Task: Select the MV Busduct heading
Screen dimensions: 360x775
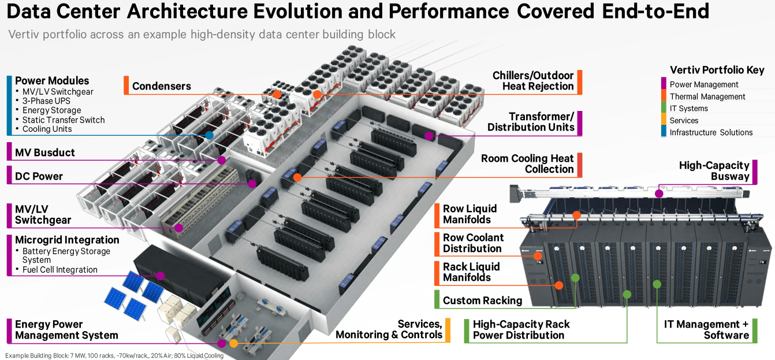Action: click(x=44, y=153)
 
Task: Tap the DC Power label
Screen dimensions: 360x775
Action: click(x=39, y=176)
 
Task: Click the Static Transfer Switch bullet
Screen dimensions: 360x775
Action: click(x=64, y=120)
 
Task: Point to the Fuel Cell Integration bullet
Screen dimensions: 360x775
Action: click(x=59, y=269)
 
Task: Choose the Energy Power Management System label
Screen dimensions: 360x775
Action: click(x=66, y=329)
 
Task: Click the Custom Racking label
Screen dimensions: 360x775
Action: click(x=482, y=300)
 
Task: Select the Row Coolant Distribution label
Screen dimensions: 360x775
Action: click(x=472, y=243)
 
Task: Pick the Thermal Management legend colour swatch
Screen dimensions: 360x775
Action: click(x=664, y=97)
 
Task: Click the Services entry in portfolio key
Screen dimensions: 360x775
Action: click(x=684, y=120)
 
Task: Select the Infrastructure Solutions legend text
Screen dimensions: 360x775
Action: click(x=711, y=132)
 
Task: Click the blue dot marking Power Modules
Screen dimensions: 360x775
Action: click(x=209, y=135)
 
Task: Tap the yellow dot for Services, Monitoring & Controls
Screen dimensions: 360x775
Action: click(x=233, y=343)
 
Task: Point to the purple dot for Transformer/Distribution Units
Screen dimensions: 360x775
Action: click(x=429, y=136)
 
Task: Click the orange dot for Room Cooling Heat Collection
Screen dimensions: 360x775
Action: click(x=297, y=177)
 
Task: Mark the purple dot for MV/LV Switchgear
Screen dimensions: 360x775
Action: click(x=179, y=228)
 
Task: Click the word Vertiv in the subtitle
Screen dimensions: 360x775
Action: click(x=24, y=34)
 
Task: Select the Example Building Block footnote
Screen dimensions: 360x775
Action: click(x=114, y=355)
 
